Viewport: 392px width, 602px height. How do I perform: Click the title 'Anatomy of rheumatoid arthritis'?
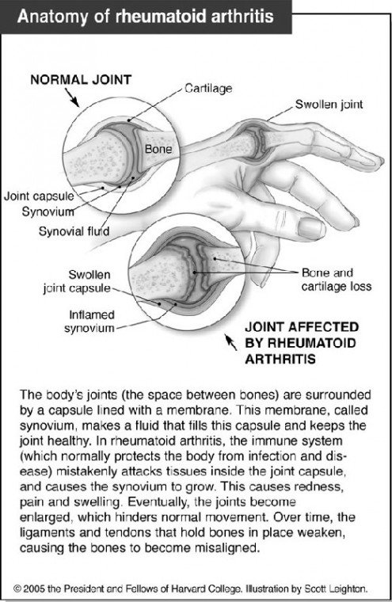pyautogui.click(x=145, y=17)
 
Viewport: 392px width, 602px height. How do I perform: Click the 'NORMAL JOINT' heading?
pyautogui.click(x=81, y=80)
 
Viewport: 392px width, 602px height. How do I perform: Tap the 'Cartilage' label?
pyautogui.click(x=208, y=88)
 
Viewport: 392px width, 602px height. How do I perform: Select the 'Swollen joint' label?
pyautogui.click(x=329, y=105)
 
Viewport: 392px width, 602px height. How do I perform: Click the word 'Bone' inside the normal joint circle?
pyautogui.click(x=158, y=149)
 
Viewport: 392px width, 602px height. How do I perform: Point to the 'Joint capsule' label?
pyautogui.click(x=39, y=196)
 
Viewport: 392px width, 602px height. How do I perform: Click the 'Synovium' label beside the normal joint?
pyautogui.click(x=48, y=211)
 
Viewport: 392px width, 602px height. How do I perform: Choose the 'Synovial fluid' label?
pyautogui.click(x=74, y=231)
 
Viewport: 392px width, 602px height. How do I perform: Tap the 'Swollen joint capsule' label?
pyautogui.click(x=77, y=281)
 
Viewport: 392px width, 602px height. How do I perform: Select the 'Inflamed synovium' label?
pyautogui.click(x=89, y=322)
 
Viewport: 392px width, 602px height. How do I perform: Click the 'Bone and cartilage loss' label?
pyautogui.click(x=337, y=280)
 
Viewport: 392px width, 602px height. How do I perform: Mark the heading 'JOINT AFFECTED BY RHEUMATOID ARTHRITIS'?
pyautogui.click(x=302, y=343)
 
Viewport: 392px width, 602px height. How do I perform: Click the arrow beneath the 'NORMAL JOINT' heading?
pyautogui.click(x=72, y=97)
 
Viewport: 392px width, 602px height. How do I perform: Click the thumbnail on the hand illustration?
pyautogui.click(x=312, y=228)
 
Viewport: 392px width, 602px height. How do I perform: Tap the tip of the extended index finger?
pyautogui.click(x=380, y=160)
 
